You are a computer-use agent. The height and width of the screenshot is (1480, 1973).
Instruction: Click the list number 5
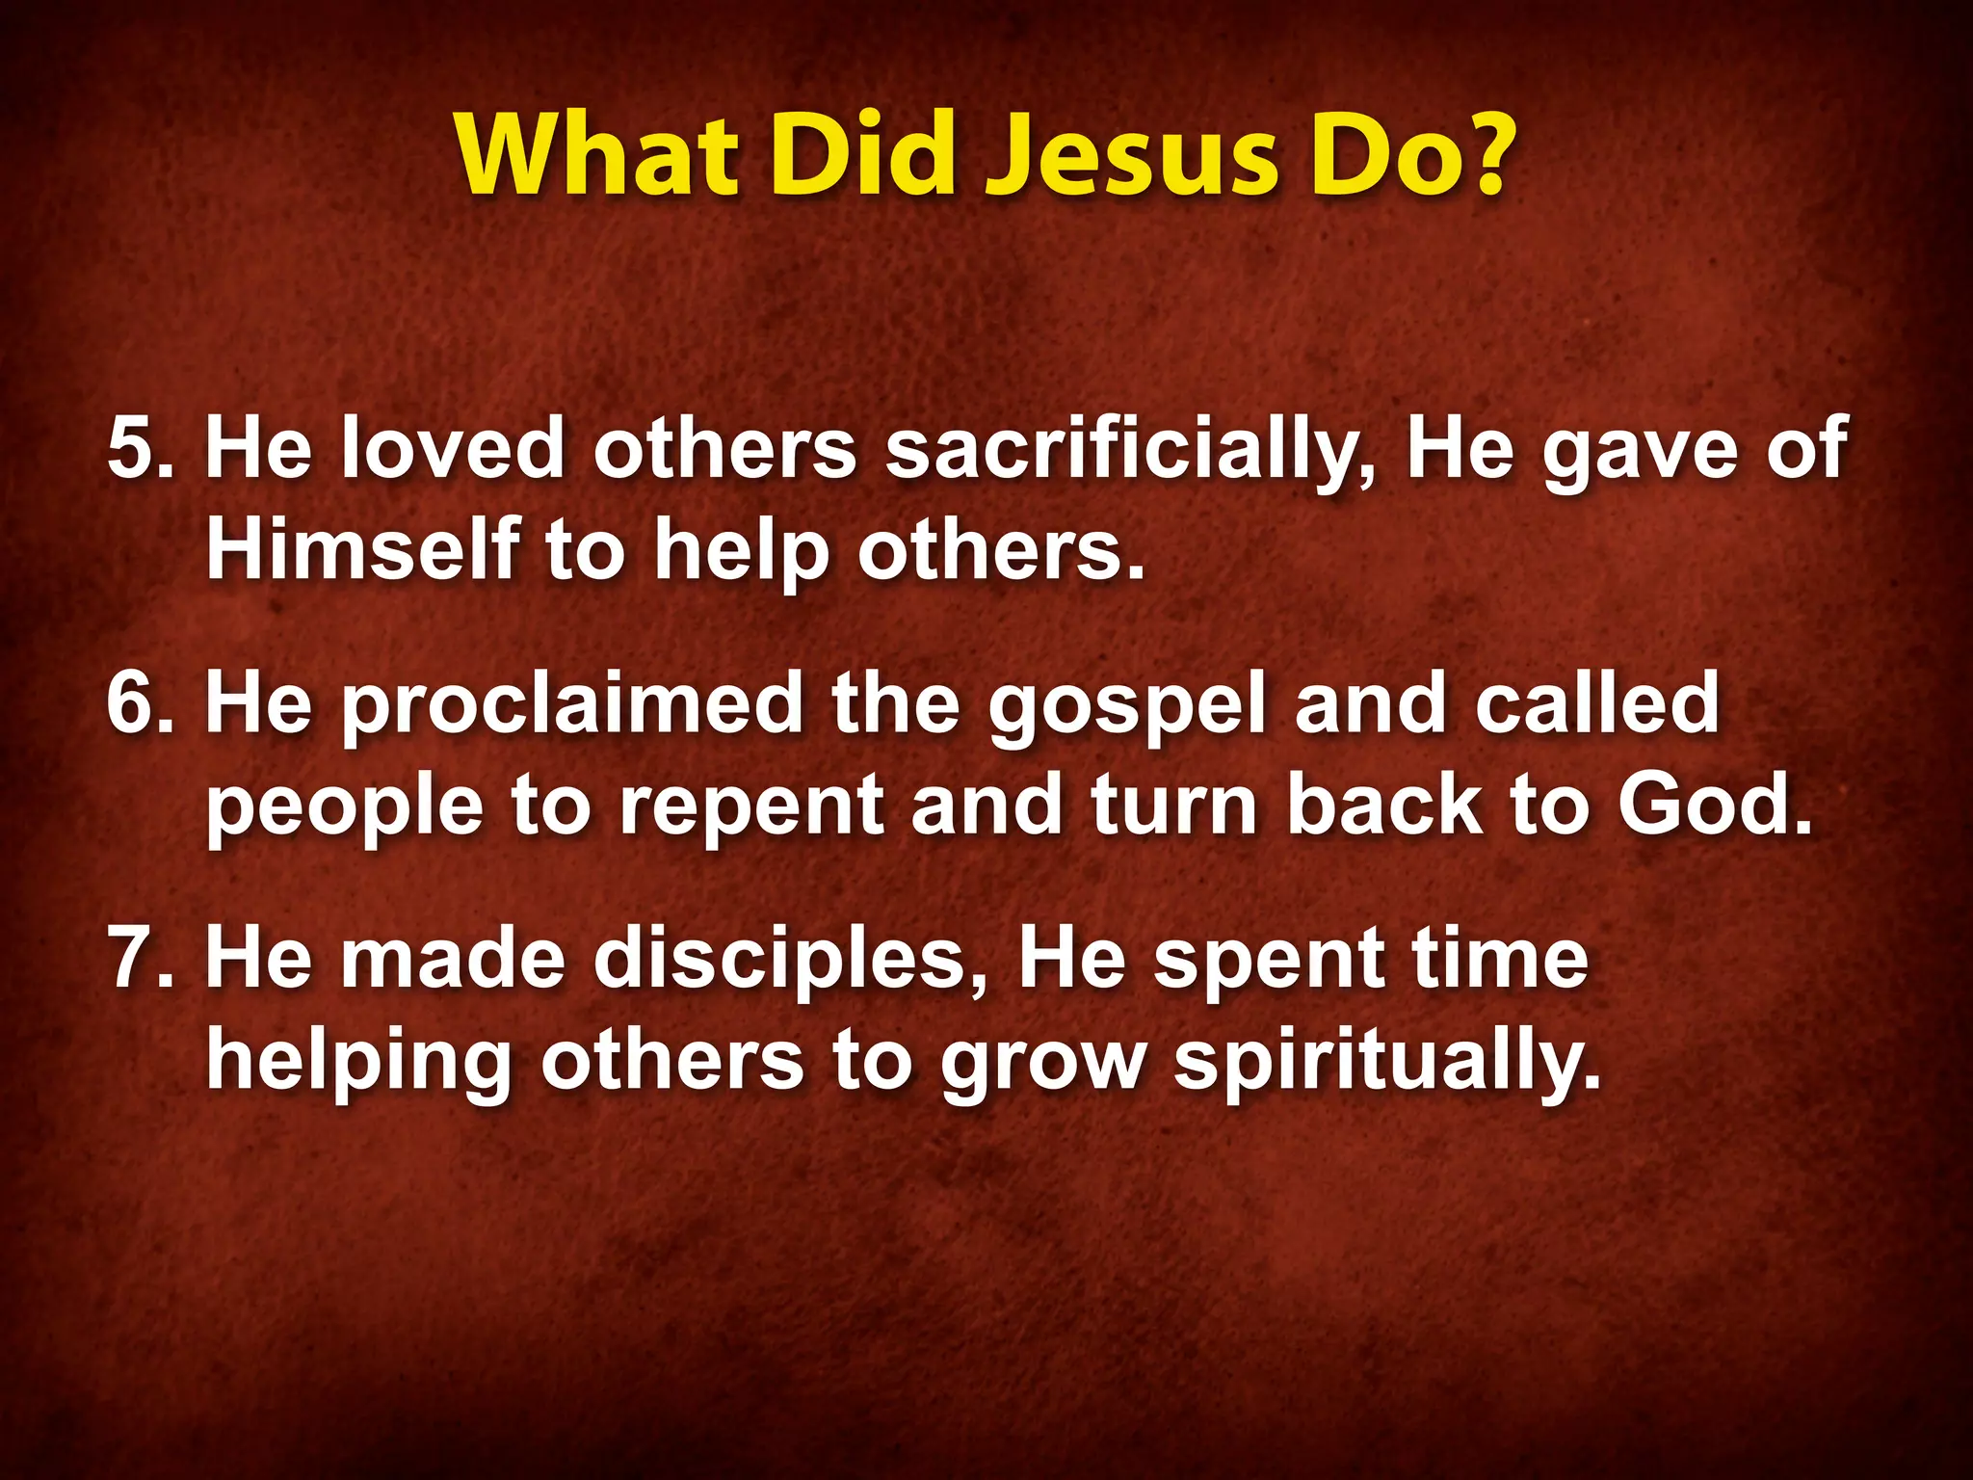[x=140, y=448]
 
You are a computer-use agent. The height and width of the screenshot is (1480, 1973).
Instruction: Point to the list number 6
[x=140, y=703]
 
